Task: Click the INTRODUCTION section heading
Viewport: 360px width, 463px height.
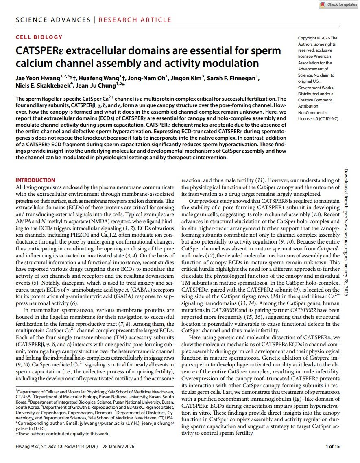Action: pos(35,180)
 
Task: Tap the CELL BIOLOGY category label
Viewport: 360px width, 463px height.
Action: pos(39,37)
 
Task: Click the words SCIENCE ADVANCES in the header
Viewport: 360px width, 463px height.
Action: pos(53,20)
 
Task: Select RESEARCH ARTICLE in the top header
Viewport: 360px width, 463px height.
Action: pos(135,20)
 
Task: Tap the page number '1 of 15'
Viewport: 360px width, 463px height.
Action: pos(333,447)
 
